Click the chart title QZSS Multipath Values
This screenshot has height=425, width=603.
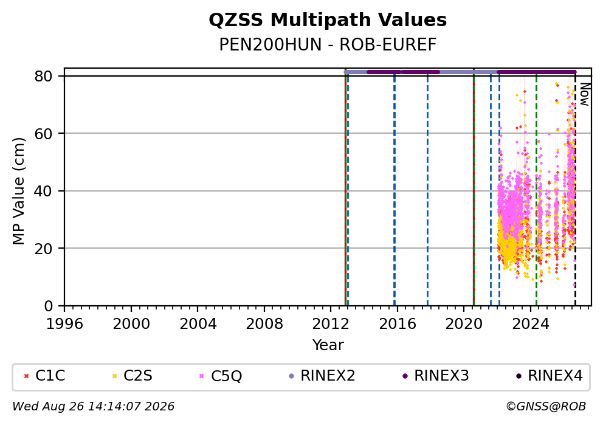[328, 20]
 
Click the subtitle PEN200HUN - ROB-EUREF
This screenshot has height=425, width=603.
[328, 44]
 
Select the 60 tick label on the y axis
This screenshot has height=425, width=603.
[43, 134]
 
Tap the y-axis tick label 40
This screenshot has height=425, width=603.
[43, 191]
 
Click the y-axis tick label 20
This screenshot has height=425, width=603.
[43, 248]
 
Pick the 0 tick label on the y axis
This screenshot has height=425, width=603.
[48, 306]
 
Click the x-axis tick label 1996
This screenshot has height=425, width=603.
[64, 324]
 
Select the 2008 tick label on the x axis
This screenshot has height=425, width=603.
[264, 324]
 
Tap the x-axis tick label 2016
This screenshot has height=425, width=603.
[398, 324]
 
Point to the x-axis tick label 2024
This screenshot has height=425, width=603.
[530, 324]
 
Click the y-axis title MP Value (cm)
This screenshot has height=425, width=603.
[18, 191]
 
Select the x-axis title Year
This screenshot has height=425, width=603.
[328, 345]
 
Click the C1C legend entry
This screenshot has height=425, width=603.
[44, 375]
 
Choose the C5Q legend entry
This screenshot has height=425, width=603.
[221, 376]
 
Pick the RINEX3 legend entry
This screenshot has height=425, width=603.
[436, 375]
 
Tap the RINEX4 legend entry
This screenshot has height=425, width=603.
[550, 375]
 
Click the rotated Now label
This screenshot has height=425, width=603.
[585, 95]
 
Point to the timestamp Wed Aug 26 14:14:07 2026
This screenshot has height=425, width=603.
[94, 407]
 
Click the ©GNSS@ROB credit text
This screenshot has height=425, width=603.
[546, 407]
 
